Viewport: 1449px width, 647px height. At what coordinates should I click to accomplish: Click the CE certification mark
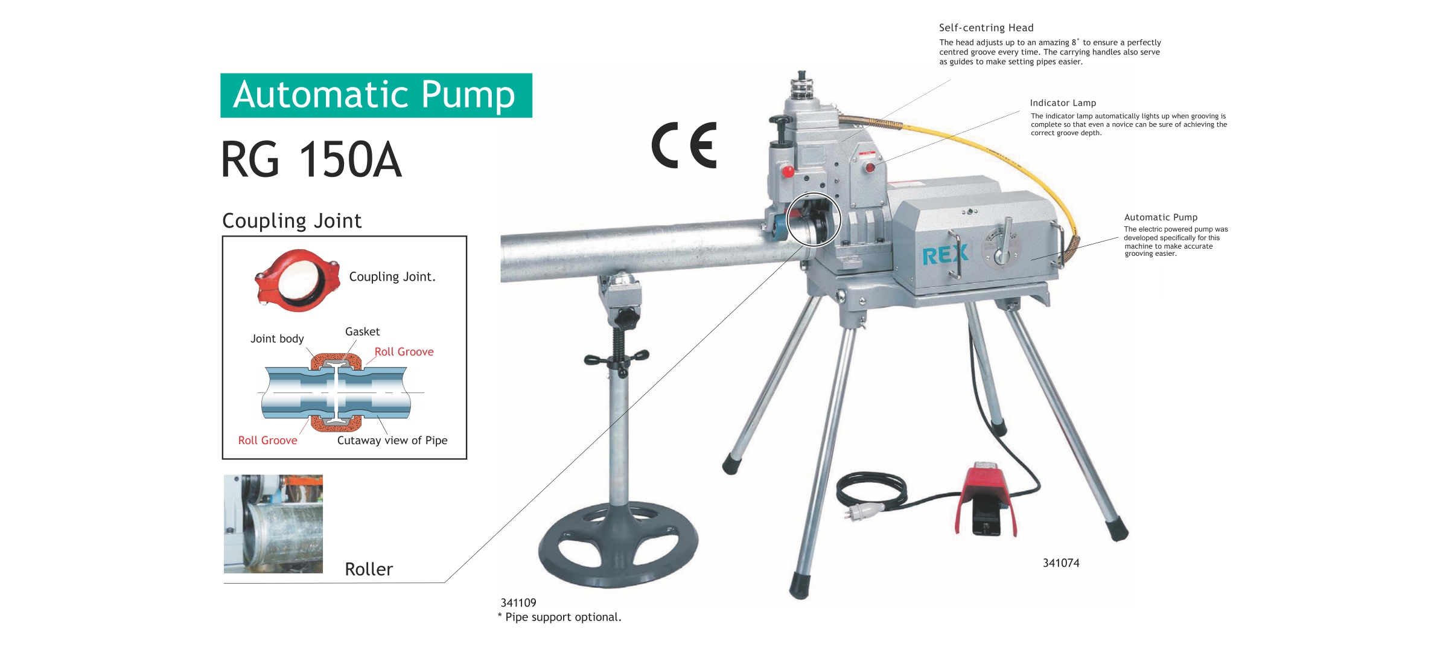[684, 145]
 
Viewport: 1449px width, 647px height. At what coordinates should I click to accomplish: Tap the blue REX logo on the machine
[945, 255]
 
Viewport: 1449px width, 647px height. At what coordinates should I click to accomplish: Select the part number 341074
[1061, 563]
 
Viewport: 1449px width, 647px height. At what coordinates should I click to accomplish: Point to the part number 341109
[518, 602]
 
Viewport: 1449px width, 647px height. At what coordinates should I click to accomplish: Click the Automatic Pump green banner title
[376, 95]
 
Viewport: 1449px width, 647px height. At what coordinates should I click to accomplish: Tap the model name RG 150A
[311, 159]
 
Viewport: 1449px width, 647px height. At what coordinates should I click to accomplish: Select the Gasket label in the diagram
[362, 331]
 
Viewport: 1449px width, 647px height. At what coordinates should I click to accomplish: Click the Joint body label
[277, 339]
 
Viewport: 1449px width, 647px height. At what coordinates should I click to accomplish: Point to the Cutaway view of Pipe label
[392, 441]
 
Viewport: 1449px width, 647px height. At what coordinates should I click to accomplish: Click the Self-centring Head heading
[986, 28]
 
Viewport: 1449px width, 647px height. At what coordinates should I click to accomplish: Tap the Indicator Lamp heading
[1063, 103]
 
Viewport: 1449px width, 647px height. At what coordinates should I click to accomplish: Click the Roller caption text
[369, 569]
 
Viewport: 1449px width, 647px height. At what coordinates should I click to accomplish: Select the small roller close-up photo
[273, 524]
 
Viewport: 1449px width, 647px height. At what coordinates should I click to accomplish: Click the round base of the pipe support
[618, 544]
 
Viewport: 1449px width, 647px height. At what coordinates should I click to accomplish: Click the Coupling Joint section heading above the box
[292, 221]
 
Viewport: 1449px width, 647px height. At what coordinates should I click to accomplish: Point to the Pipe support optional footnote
[559, 617]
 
